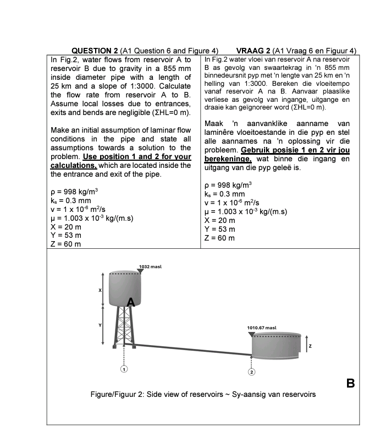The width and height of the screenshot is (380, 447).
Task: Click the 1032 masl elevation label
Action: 150,266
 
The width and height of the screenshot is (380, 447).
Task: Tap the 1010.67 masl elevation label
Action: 261,328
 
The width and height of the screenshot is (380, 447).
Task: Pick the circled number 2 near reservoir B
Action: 252,372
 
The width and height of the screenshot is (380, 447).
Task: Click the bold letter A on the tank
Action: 130,302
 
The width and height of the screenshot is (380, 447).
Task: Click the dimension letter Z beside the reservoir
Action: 310,346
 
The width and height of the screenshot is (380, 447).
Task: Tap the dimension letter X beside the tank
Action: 100,290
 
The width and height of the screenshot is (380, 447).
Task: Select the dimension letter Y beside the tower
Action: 100,325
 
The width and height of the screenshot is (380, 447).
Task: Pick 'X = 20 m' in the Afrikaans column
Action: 219,220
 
